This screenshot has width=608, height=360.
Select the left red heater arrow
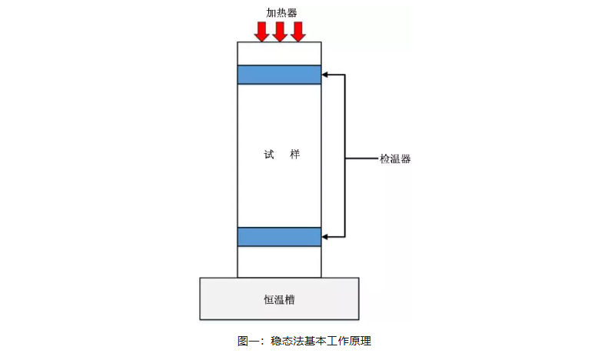point(261,32)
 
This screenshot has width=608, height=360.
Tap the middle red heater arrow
point(280,32)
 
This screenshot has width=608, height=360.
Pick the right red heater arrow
point(298,32)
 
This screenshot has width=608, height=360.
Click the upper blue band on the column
point(279,75)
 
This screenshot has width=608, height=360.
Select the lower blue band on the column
point(279,237)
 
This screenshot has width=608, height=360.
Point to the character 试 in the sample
point(268,155)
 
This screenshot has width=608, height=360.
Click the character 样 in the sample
point(294,155)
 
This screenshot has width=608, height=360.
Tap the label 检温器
point(395,159)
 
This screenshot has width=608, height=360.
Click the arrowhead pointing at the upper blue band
point(326,75)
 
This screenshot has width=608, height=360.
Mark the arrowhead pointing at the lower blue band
point(326,237)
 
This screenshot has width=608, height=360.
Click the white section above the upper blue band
point(279,54)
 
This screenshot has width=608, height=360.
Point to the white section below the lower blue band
point(279,262)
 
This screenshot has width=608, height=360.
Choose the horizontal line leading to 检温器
point(361,159)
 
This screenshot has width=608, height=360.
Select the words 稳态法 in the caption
point(284,340)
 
